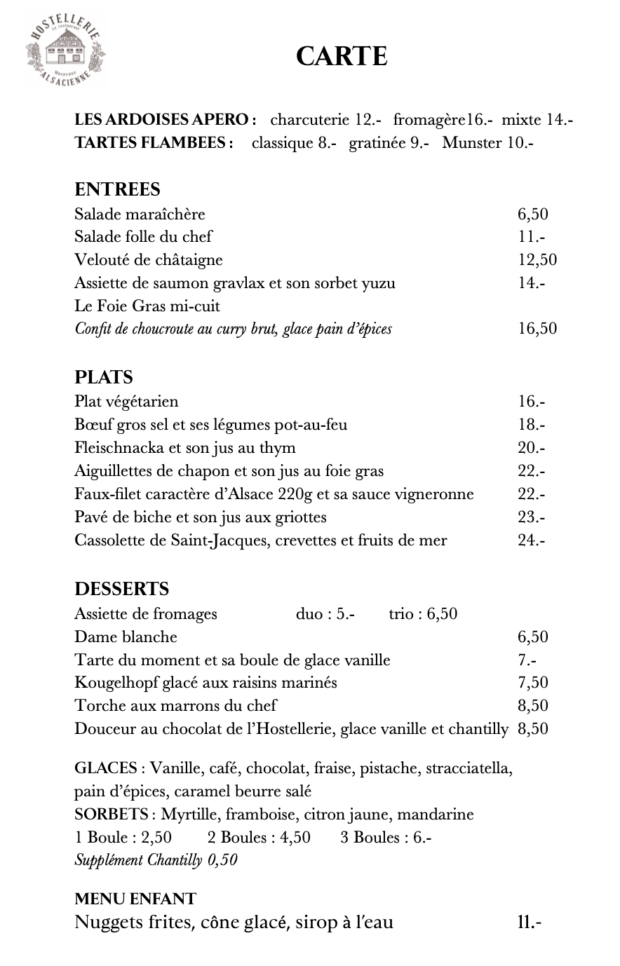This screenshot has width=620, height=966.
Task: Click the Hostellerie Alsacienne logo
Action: tap(65, 51)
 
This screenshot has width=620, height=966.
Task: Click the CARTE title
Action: tap(342, 56)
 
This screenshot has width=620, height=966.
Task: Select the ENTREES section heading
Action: tap(117, 189)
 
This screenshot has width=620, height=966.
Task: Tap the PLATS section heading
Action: tap(104, 377)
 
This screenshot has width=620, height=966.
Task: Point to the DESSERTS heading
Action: tap(122, 589)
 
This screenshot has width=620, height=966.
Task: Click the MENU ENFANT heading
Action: tap(135, 898)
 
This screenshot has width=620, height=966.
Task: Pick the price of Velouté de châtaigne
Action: tap(537, 260)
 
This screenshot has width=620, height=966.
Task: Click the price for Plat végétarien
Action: tap(532, 402)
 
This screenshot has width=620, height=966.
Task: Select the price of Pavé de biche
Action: tap(532, 517)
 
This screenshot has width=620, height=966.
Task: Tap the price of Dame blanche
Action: tap(532, 637)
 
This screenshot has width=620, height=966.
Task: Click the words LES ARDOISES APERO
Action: tap(165, 120)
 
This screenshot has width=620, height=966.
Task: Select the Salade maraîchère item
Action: tap(140, 215)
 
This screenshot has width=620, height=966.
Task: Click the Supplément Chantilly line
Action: tap(156, 860)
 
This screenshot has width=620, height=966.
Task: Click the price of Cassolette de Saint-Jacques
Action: tap(532, 540)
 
